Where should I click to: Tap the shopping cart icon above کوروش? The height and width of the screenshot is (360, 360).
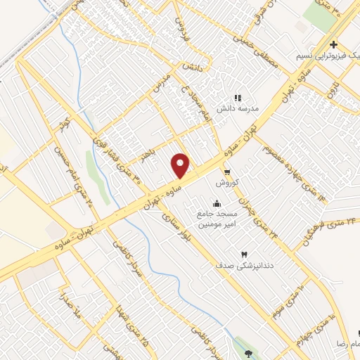point(226,172)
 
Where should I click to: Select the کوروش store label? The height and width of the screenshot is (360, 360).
point(227,183)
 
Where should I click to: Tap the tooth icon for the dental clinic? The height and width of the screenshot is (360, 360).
point(245,254)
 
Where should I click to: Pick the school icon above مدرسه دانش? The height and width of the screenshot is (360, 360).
point(238,98)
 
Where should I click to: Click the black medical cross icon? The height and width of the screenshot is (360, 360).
point(333,44)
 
